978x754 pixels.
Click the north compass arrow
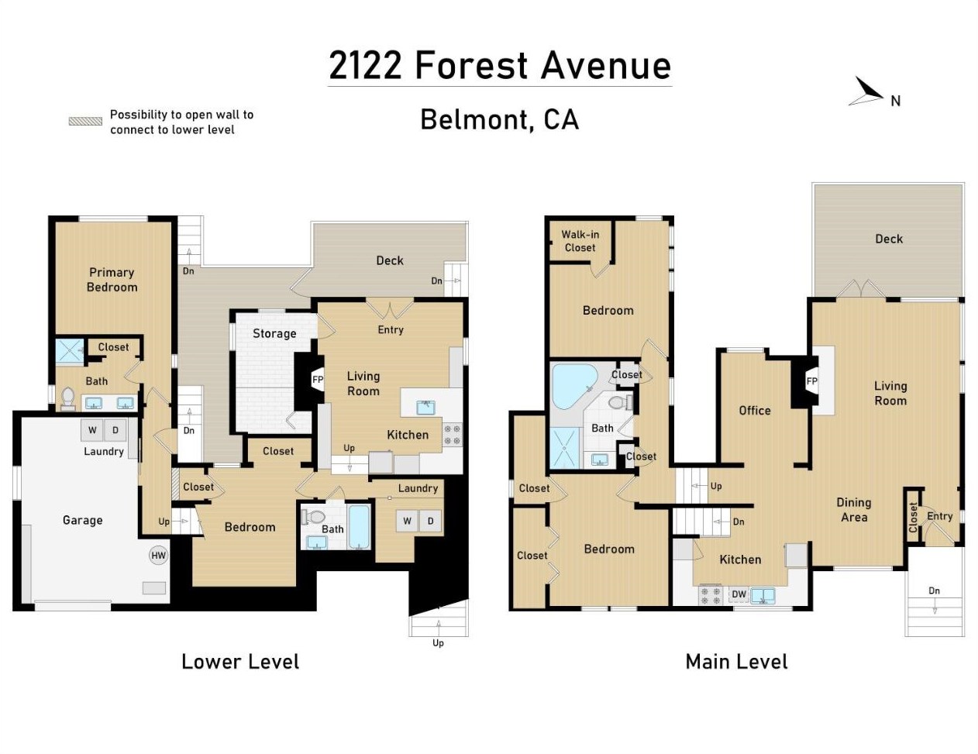(869, 92)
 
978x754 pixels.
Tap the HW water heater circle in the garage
(158, 555)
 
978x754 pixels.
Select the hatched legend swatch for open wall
(85, 121)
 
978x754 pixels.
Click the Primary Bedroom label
(112, 280)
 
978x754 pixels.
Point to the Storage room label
(274, 333)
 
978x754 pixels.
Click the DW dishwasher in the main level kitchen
(739, 594)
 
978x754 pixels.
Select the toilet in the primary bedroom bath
(68, 398)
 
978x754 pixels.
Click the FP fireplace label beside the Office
(811, 381)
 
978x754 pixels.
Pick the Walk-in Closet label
(580, 241)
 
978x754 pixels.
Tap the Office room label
(754, 410)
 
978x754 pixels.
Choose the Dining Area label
(853, 510)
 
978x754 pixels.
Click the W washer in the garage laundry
(92, 430)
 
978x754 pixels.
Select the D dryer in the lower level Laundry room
(431, 522)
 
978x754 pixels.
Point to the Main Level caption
(736, 661)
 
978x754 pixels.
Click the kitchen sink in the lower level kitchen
(425, 407)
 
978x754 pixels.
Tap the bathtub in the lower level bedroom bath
(359, 527)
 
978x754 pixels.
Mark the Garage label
(82, 520)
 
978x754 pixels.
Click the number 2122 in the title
(366, 65)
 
